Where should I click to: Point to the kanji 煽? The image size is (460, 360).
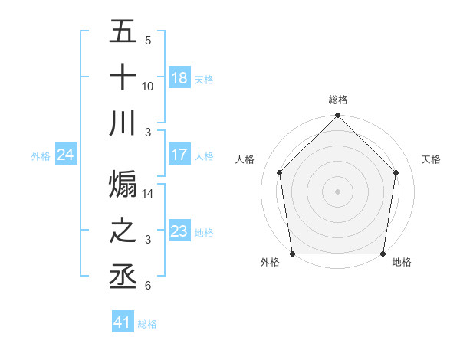point(123,184)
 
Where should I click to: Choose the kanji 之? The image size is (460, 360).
point(123,231)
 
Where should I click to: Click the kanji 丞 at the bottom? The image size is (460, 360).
point(123,277)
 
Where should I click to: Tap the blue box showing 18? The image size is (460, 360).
point(179,78)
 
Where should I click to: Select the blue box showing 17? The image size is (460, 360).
point(179,155)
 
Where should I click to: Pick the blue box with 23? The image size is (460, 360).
point(179,231)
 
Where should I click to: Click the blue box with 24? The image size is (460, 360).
point(65,155)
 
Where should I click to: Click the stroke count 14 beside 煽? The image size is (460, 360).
point(148,195)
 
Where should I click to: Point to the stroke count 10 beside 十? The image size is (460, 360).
point(148,86)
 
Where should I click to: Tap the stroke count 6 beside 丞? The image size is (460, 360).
point(148,286)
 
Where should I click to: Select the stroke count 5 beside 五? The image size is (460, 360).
point(148,40)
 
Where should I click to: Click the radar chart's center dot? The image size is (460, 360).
point(338,191)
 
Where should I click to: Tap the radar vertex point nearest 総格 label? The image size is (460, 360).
point(338,116)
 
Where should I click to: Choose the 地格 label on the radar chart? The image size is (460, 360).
point(402,262)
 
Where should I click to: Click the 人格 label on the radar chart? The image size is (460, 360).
point(245,160)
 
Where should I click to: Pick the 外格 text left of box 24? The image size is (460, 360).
point(41,155)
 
